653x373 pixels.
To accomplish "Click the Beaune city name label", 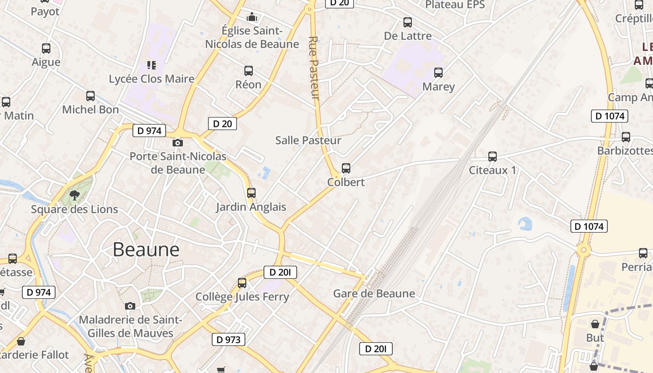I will pyautogui.click(x=146, y=250).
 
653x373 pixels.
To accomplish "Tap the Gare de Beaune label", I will pyautogui.click(x=374, y=294).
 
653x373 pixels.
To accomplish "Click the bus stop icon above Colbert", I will pyautogui.click(x=346, y=168).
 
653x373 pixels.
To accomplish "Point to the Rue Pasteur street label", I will pyautogui.click(x=314, y=68).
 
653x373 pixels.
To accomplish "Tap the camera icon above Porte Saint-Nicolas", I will pyautogui.click(x=178, y=143).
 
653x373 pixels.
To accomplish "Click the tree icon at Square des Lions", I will pyautogui.click(x=74, y=195).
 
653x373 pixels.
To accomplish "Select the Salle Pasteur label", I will pyautogui.click(x=308, y=140).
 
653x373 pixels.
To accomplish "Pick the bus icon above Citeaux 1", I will pyautogui.click(x=492, y=157).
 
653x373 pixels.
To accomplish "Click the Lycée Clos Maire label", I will pyautogui.click(x=152, y=79).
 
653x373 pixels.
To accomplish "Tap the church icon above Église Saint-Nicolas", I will pyautogui.click(x=252, y=17).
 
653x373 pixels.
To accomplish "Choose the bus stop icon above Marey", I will pyautogui.click(x=438, y=73).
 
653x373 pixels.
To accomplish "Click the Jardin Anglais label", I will pyautogui.click(x=251, y=207).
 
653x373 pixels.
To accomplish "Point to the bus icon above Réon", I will pyautogui.click(x=249, y=71).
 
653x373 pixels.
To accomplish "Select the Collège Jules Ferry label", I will pyautogui.click(x=242, y=297).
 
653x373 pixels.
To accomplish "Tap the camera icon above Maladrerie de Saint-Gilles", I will pyautogui.click(x=130, y=306).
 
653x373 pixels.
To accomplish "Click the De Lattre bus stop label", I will pyautogui.click(x=408, y=36).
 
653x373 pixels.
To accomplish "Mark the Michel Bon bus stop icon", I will pyautogui.click(x=90, y=96).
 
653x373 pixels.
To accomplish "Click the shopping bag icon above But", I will pyautogui.click(x=595, y=324).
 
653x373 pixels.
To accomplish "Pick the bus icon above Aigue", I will pyautogui.click(x=46, y=48).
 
